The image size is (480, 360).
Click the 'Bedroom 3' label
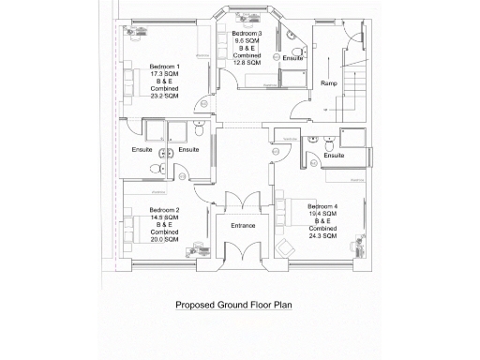(x=248, y=34)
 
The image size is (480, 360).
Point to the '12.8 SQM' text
(x=248, y=63)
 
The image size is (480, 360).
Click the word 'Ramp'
(x=329, y=83)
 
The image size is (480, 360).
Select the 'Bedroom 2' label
(x=164, y=210)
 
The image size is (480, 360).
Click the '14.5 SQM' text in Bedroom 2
(x=164, y=217)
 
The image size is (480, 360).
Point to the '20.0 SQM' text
(x=164, y=240)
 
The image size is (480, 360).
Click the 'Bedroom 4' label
(x=322, y=205)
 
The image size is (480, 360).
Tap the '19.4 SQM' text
(x=322, y=213)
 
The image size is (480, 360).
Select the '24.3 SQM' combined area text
(x=322, y=235)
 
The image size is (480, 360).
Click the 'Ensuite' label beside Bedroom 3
(x=292, y=57)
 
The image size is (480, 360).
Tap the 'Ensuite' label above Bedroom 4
(x=334, y=155)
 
